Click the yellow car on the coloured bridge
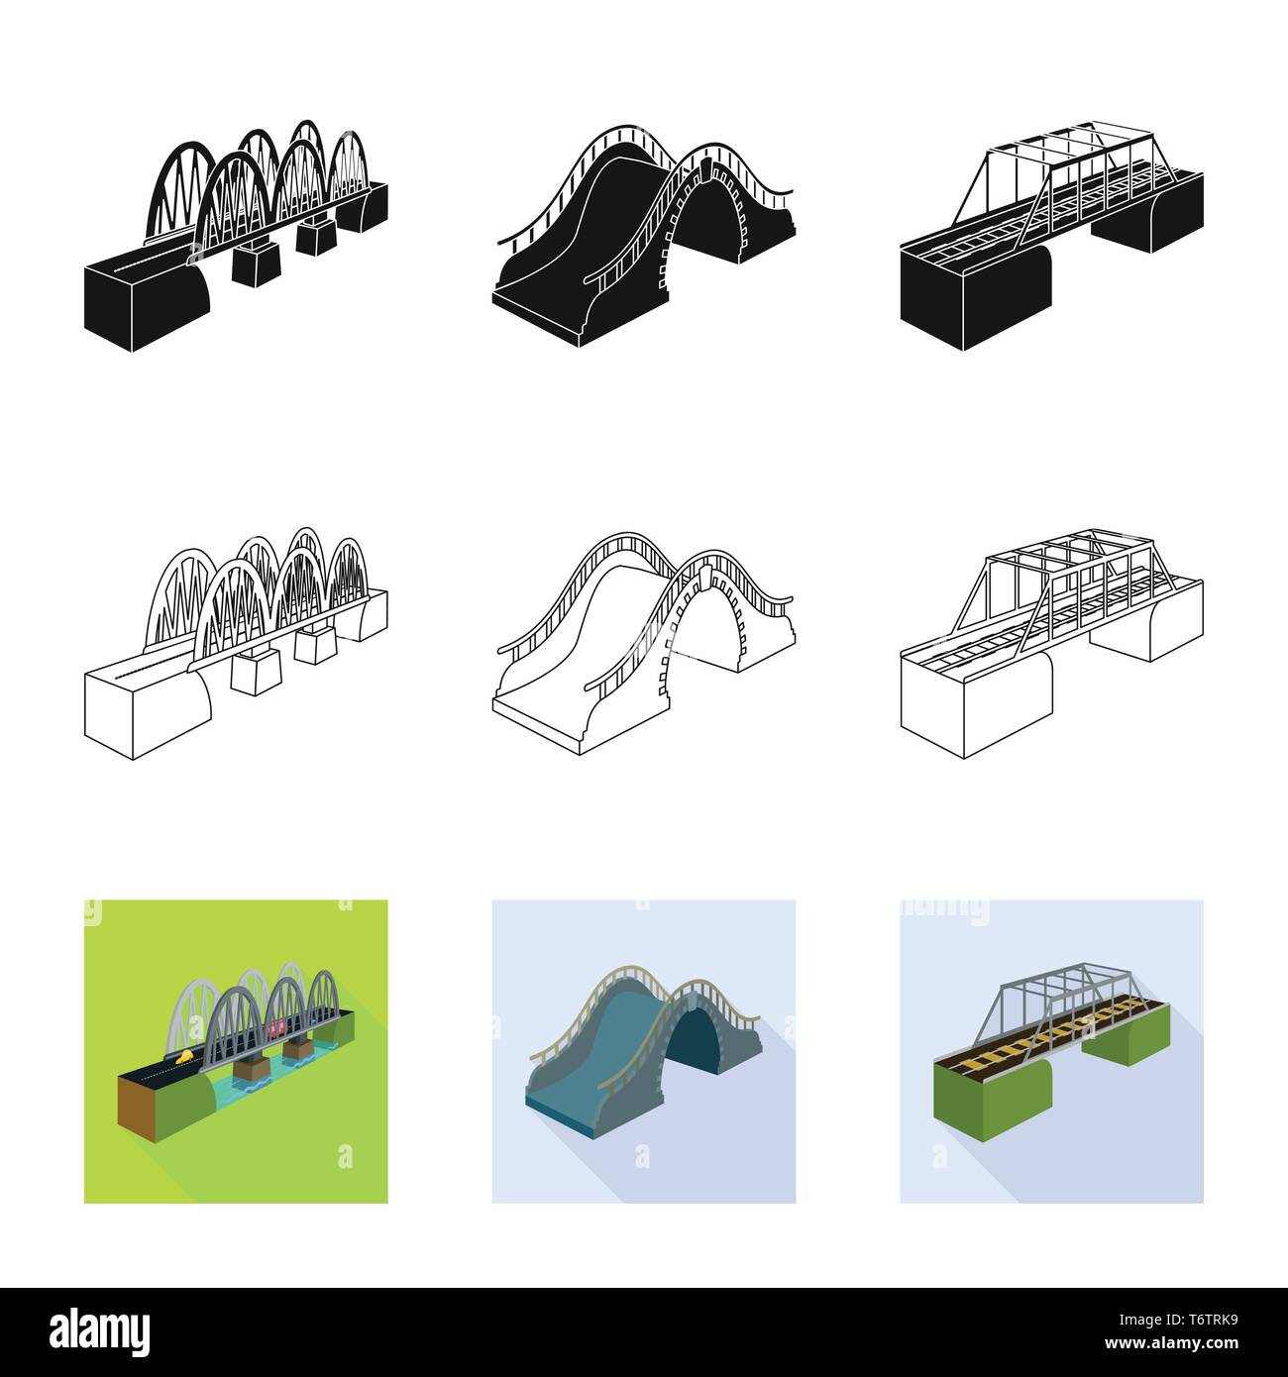tap(184, 1058)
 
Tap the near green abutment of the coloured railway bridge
tap(991, 1100)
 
